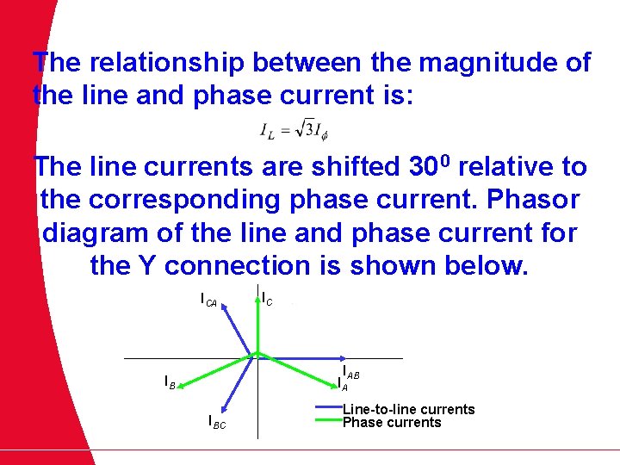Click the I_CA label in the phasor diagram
click(208, 301)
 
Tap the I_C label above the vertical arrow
click(268, 301)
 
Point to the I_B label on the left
click(170, 383)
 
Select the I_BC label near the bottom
click(217, 422)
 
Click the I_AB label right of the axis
click(351, 373)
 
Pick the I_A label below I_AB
click(343, 384)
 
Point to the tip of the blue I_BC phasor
click(223, 411)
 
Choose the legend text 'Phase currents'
click(391, 422)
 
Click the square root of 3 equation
click(294, 131)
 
